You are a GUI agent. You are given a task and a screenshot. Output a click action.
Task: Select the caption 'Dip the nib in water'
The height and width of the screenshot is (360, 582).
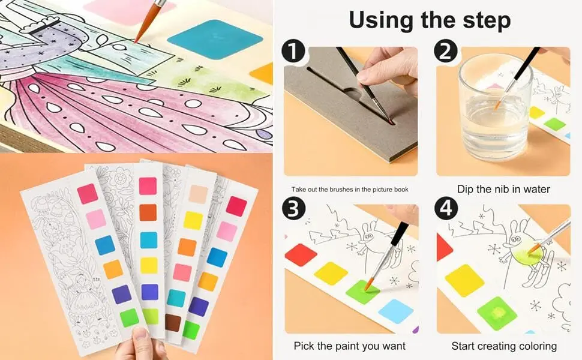pos(503,189)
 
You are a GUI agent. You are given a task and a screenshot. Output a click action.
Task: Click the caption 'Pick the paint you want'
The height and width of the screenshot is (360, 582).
pos(349,346)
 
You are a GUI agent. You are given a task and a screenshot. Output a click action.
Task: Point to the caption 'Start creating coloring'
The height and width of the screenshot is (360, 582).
pos(504,346)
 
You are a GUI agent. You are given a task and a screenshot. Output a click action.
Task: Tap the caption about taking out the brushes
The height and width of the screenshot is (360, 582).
pos(350,190)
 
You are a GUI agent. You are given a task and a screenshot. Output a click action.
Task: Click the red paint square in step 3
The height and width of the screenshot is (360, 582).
pos(301,254)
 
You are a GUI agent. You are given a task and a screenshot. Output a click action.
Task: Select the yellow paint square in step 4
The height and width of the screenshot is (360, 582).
pos(464,279)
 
